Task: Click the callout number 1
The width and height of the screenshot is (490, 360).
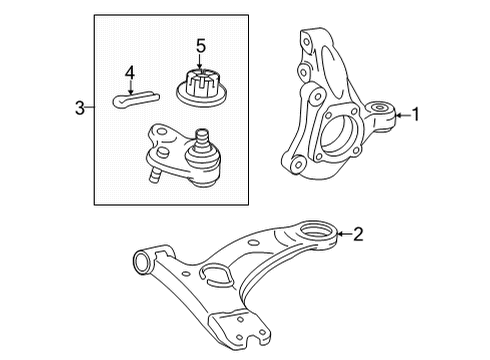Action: tap(416, 114)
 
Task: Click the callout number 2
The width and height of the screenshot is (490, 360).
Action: tap(358, 235)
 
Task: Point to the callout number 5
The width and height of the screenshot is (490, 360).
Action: tap(200, 46)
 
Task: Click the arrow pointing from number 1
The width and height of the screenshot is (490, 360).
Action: tap(401, 114)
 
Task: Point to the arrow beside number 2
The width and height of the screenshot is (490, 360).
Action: tap(343, 235)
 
